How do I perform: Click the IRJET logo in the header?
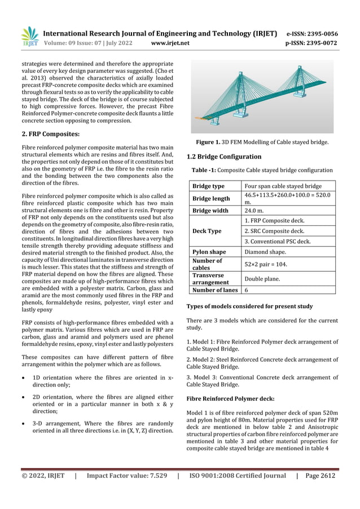click(30, 37)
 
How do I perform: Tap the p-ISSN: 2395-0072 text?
click(312, 43)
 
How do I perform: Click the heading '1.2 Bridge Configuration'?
click(224, 156)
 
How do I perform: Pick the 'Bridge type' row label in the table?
click(208, 186)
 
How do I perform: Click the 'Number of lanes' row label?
click(215, 290)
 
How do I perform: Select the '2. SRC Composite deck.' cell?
click(274, 231)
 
